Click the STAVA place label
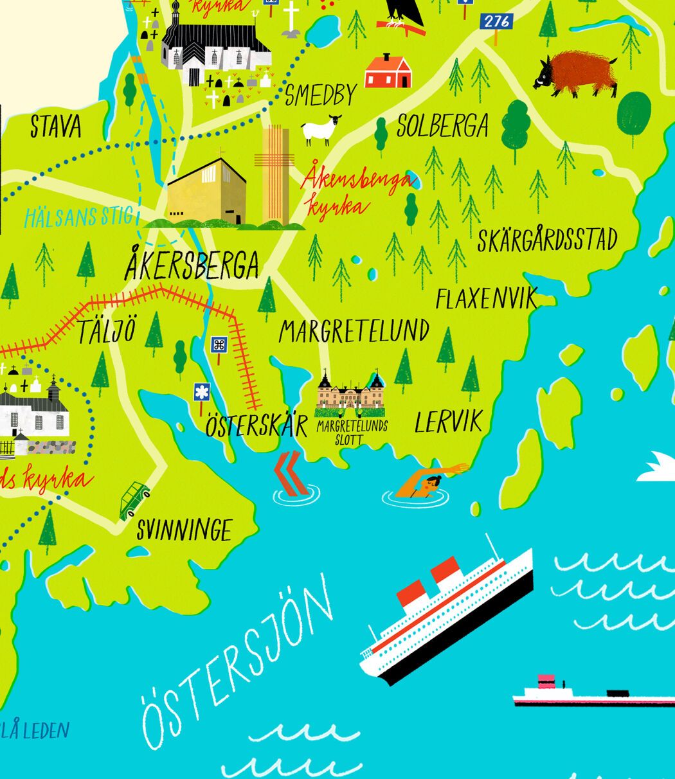tap(56, 127)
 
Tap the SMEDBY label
tap(320, 95)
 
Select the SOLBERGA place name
tap(442, 126)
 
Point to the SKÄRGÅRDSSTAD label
tap(547, 240)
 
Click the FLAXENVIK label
tap(486, 299)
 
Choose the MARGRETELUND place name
tap(354, 332)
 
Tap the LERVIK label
tap(448, 422)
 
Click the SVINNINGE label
tap(184, 530)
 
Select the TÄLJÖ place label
tap(107, 332)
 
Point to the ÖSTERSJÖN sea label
tap(238, 662)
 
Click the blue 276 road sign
tap(496, 21)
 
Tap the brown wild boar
tap(575, 73)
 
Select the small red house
tap(388, 71)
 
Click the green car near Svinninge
tap(134, 500)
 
